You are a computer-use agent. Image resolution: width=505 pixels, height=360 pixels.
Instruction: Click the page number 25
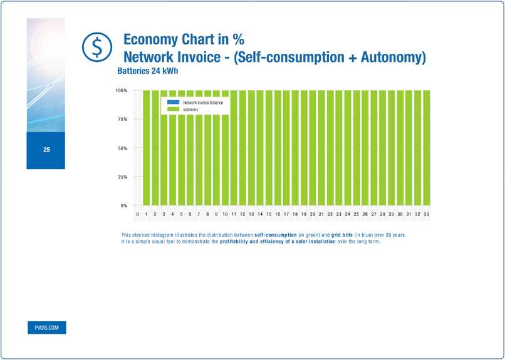46,150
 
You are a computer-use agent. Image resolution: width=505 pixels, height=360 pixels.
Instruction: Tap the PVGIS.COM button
46,327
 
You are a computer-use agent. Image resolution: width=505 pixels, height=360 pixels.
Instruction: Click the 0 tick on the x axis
137,214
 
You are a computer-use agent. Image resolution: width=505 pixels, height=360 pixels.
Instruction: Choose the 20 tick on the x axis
312,214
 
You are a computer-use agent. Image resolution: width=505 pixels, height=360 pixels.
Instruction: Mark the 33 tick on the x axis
426,214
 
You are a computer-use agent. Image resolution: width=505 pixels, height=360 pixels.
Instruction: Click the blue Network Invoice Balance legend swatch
173,101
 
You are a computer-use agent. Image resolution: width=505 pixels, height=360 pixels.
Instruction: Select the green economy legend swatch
173,110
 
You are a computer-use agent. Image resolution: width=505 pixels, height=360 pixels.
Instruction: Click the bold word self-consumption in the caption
276,235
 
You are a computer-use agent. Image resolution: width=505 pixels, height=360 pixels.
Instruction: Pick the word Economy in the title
150,39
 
